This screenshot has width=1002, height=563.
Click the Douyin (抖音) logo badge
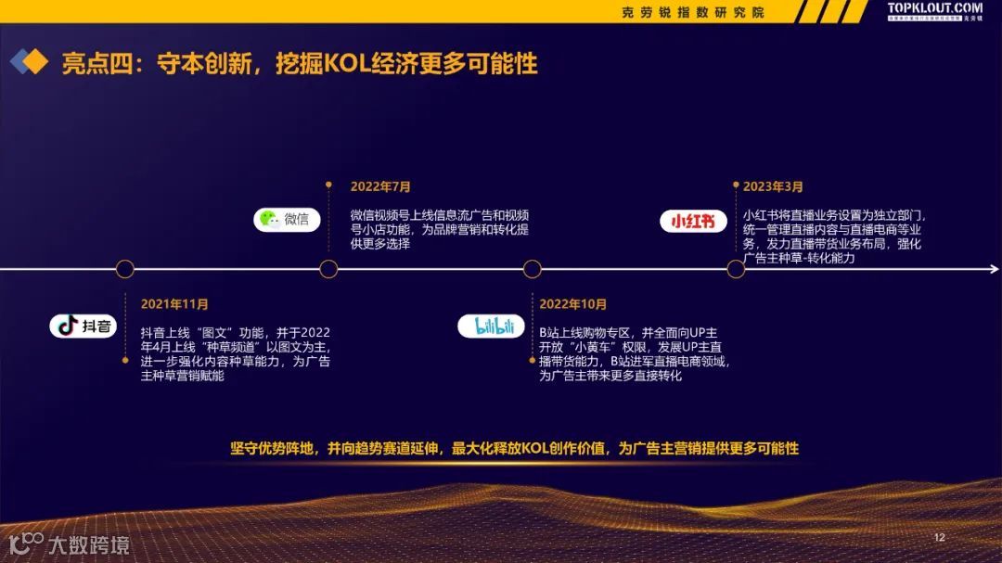click(83, 326)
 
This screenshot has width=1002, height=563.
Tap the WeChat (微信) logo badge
click(287, 219)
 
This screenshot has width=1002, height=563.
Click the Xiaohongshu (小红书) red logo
click(693, 221)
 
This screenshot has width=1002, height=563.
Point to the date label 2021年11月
click(174, 304)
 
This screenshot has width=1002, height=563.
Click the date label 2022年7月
click(380, 186)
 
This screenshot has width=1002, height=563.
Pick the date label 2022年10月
click(572, 304)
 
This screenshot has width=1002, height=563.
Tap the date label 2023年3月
click(773, 186)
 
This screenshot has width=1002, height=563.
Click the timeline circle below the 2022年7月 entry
click(328, 269)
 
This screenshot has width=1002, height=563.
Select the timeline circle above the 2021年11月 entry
click(125, 269)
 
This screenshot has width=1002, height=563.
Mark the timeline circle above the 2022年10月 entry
click(532, 269)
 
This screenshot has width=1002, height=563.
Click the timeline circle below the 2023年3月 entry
click(736, 269)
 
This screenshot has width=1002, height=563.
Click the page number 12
click(939, 538)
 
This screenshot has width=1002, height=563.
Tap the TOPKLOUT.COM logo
click(934, 9)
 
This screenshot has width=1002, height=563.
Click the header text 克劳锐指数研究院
click(693, 12)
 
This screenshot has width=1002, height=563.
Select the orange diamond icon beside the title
click(35, 62)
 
